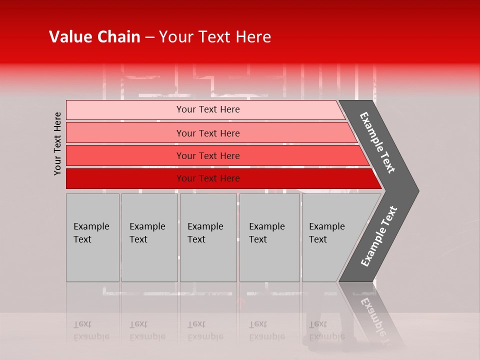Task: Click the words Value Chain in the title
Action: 94,37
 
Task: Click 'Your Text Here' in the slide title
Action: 215,37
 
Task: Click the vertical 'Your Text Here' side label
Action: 57,143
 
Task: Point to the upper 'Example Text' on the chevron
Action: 377,142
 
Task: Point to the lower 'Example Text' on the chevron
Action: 378,236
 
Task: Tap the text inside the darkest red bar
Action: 208,178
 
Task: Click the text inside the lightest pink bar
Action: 208,109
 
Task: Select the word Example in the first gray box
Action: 91,226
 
